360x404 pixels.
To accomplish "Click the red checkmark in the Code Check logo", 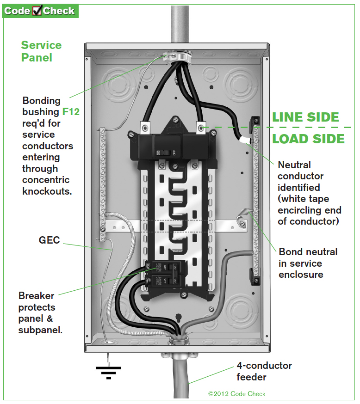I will click(37, 11).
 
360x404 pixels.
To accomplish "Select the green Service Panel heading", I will click(41, 51).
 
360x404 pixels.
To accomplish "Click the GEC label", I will click(50, 240).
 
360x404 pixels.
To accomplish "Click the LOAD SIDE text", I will click(308, 139).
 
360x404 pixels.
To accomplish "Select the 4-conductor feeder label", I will click(264, 371).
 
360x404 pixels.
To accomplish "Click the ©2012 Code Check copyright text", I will click(237, 394).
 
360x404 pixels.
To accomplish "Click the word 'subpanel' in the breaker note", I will click(40, 330).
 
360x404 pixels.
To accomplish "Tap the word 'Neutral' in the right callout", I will click(294, 165).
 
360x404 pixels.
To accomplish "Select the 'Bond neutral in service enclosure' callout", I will click(308, 263).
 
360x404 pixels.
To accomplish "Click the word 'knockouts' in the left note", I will click(47, 191).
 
